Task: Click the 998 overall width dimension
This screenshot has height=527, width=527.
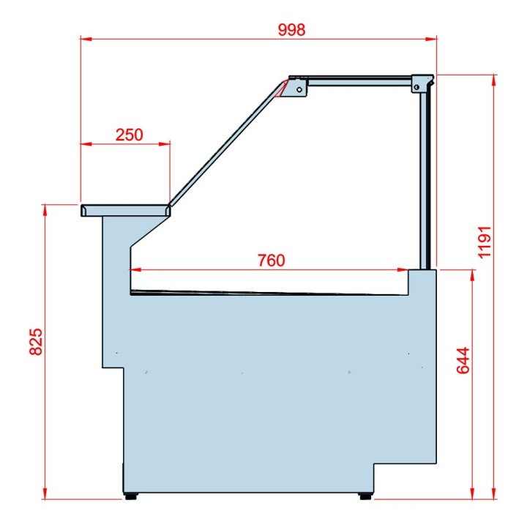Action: (291, 30)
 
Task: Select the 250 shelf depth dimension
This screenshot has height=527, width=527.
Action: (129, 135)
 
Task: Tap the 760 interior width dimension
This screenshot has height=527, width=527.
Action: (271, 261)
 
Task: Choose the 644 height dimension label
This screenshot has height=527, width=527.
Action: (463, 360)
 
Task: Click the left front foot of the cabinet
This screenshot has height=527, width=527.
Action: (130, 496)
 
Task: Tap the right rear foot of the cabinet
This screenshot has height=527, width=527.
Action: (365, 496)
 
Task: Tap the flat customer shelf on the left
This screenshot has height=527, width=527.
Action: (125, 210)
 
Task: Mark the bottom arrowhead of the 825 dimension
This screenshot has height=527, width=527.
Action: (45, 496)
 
